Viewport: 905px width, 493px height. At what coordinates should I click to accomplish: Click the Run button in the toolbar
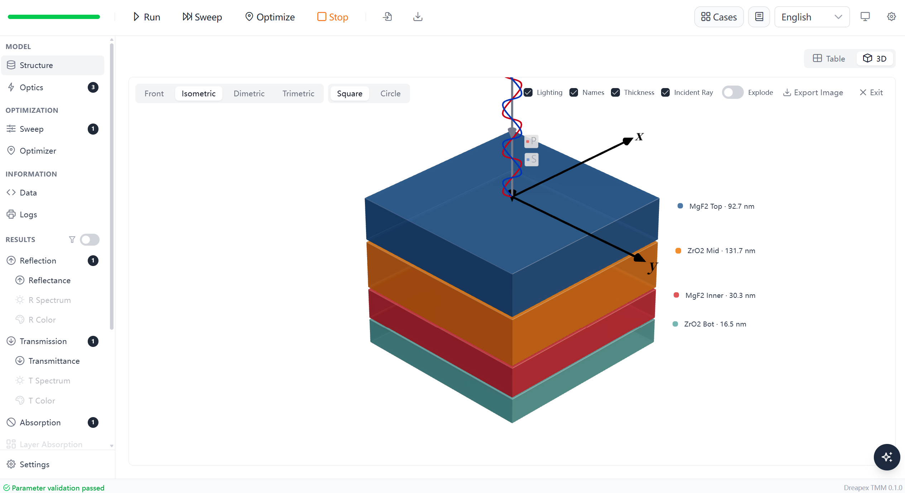(x=146, y=17)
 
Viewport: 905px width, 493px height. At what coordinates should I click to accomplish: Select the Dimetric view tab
(x=249, y=93)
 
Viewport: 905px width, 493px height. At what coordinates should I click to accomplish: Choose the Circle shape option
(x=390, y=93)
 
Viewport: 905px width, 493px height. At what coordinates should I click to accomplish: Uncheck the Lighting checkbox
(x=528, y=92)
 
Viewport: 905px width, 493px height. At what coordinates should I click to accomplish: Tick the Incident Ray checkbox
(x=665, y=92)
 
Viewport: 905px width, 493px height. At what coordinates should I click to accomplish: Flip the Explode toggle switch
(x=732, y=92)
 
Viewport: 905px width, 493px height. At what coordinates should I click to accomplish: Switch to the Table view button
(x=829, y=58)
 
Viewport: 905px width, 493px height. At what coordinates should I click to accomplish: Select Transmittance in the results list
(x=54, y=361)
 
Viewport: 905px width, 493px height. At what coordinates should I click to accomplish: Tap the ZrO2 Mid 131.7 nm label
(x=721, y=251)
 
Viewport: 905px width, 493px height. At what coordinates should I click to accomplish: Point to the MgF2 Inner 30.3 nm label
(x=720, y=295)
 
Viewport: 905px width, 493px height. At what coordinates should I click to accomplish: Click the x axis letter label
(x=640, y=137)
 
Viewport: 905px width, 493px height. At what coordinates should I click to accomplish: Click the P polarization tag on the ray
(x=531, y=141)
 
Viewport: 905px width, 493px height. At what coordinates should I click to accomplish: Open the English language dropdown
(x=812, y=17)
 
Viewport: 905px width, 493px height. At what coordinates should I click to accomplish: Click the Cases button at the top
(x=719, y=17)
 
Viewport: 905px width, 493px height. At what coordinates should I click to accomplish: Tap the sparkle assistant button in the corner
(x=887, y=457)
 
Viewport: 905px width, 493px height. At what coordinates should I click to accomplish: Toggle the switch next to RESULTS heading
(x=90, y=240)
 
